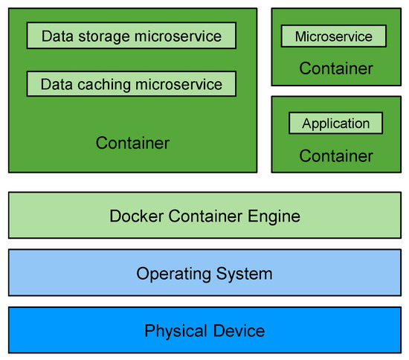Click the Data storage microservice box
(131, 35)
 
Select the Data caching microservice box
(131, 84)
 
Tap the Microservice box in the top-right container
(333, 36)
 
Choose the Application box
(335, 123)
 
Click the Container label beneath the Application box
(336, 156)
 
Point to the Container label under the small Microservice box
(336, 69)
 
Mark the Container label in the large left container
(132, 143)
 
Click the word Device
(236, 330)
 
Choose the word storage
(98, 36)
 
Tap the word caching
(100, 85)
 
